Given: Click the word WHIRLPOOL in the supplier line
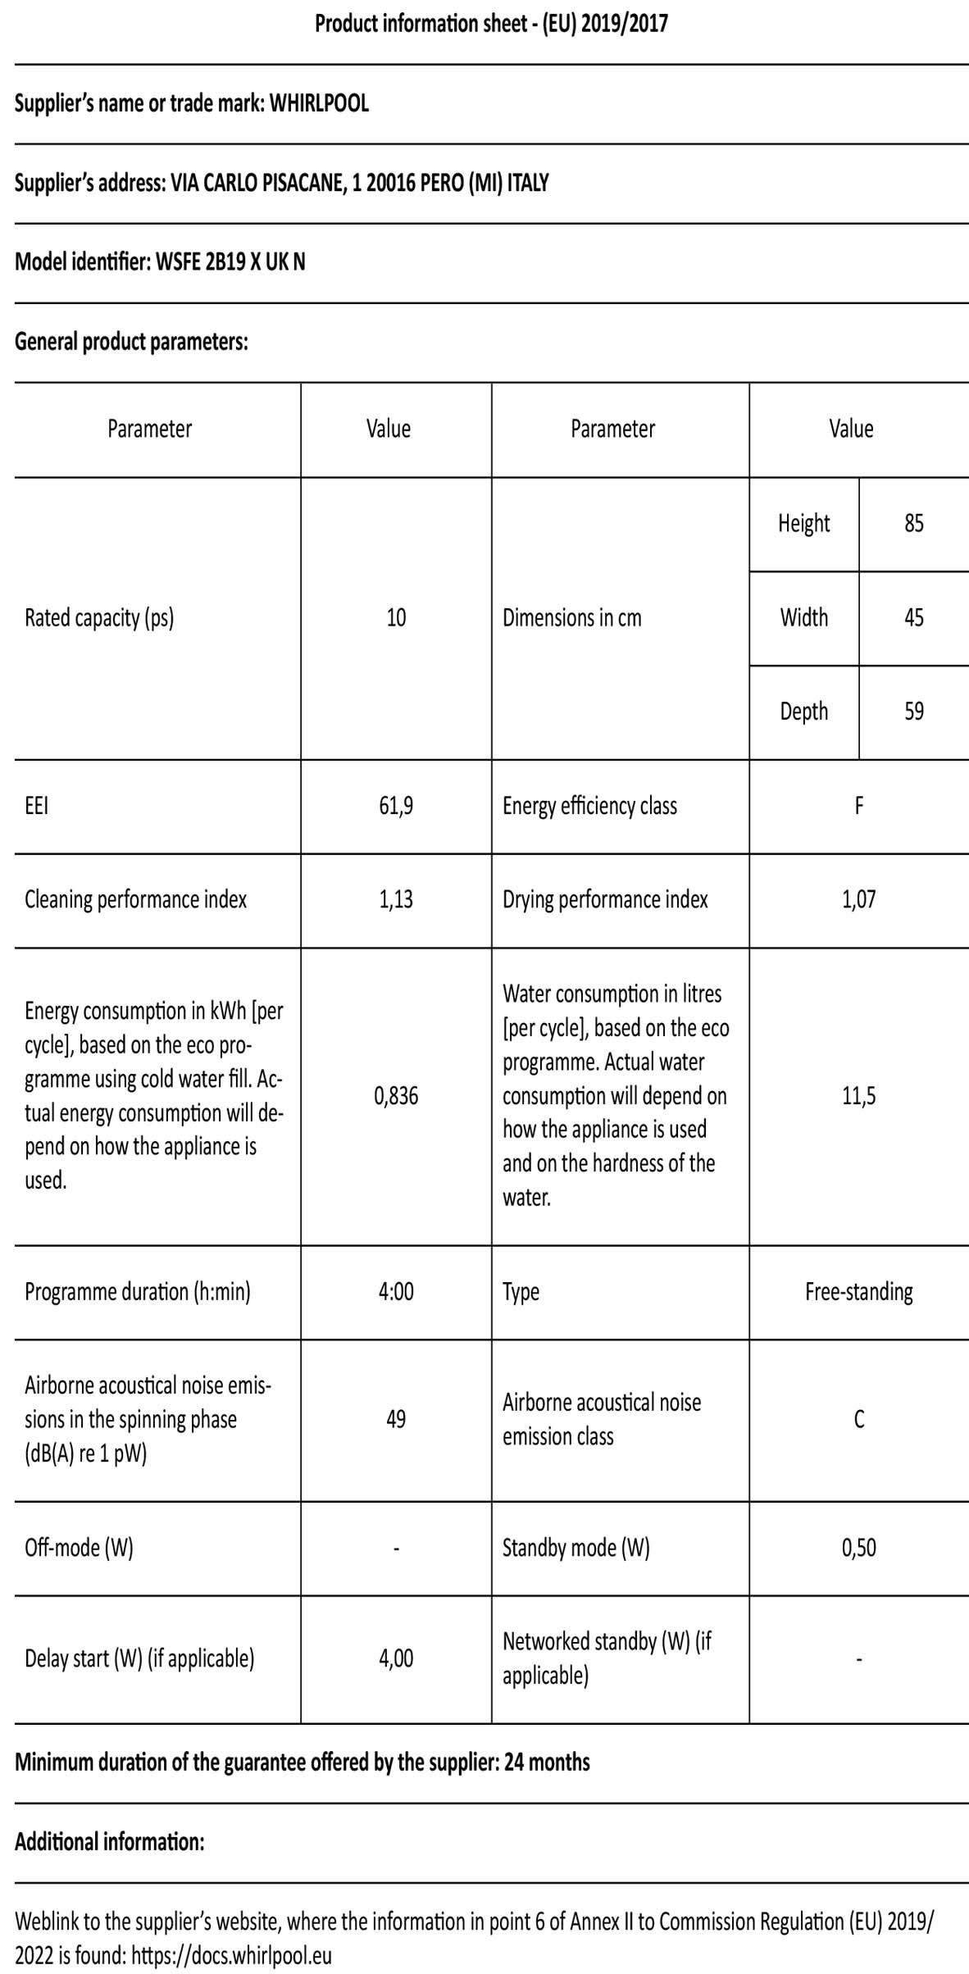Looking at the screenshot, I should [x=319, y=103].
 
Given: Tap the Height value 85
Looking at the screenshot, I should [x=913, y=523].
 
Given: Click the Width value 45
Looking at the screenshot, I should [x=913, y=617].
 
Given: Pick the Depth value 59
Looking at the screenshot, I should [x=913, y=711].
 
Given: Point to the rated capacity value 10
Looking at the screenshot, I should [x=396, y=617].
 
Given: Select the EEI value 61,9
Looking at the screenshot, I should [x=396, y=806].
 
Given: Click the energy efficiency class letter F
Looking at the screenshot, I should [x=858, y=806].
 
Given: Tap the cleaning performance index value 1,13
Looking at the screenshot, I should [x=396, y=899].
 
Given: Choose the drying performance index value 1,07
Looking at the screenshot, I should [x=858, y=899].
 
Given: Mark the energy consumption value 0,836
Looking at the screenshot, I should [x=396, y=1095].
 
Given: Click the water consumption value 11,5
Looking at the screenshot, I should [x=858, y=1095].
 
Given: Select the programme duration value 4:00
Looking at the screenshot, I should [x=396, y=1291].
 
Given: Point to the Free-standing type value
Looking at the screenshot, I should [x=858, y=1291].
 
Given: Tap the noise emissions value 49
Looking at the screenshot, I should [x=396, y=1419].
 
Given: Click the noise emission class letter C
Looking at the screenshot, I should [x=858, y=1419].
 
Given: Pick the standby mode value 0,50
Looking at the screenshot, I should [x=858, y=1547].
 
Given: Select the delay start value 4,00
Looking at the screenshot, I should [x=396, y=1658].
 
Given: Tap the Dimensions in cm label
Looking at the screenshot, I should [x=571, y=617].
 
